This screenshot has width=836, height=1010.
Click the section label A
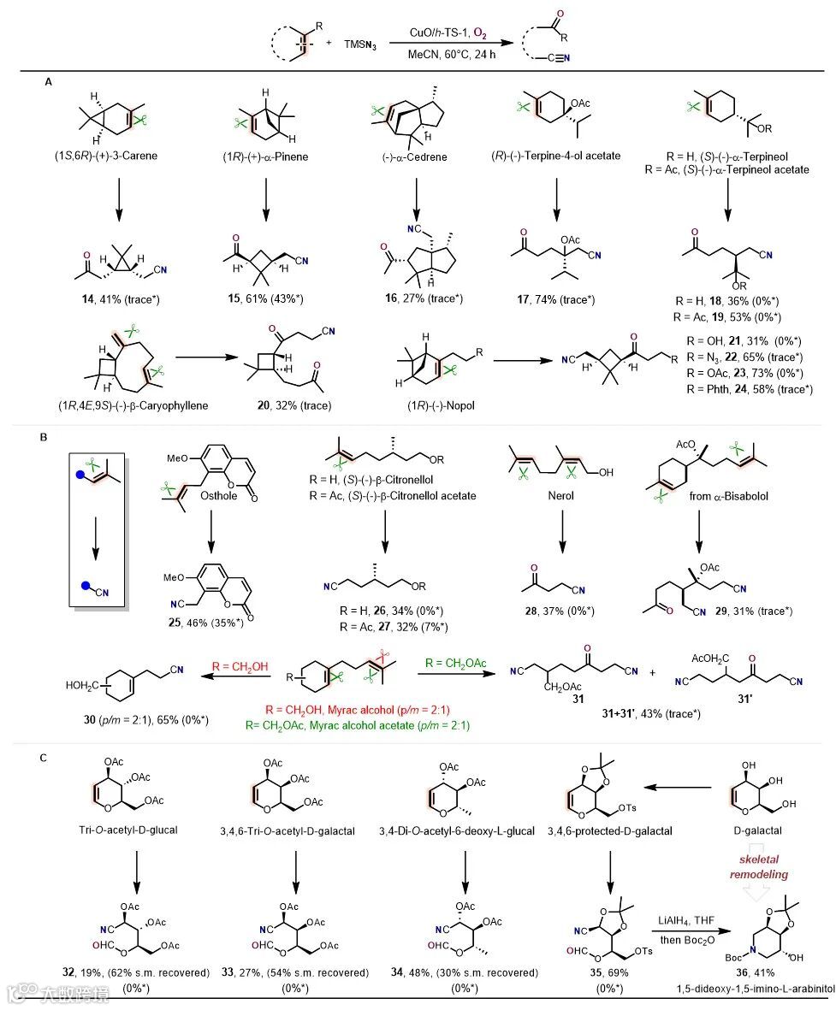pos(48,82)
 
